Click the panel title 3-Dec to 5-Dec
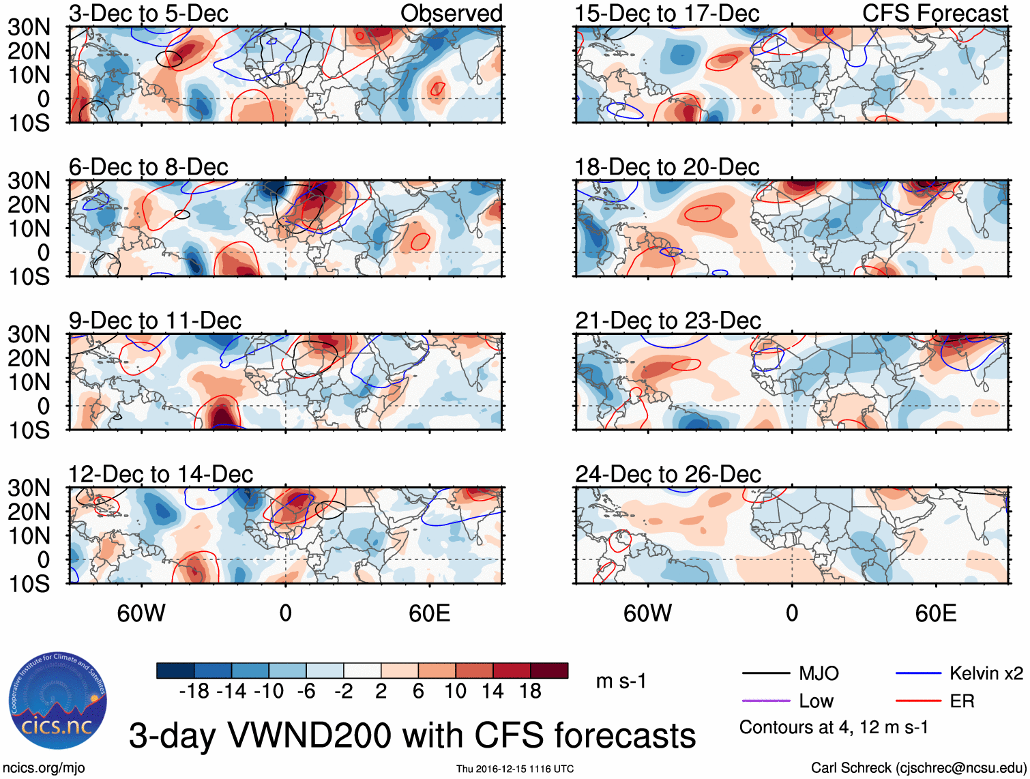[x=148, y=14]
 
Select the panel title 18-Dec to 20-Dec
[x=666, y=167]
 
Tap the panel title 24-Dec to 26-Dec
[x=667, y=474]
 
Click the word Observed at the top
[x=451, y=14]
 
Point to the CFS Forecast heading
[x=935, y=14]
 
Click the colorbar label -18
[x=194, y=692]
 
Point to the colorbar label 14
[x=492, y=692]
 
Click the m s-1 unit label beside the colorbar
[x=621, y=681]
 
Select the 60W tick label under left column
[x=141, y=613]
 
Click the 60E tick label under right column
[x=935, y=613]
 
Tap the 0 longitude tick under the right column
[x=791, y=613]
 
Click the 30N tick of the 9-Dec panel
[x=29, y=334]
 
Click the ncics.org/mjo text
[x=44, y=768]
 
